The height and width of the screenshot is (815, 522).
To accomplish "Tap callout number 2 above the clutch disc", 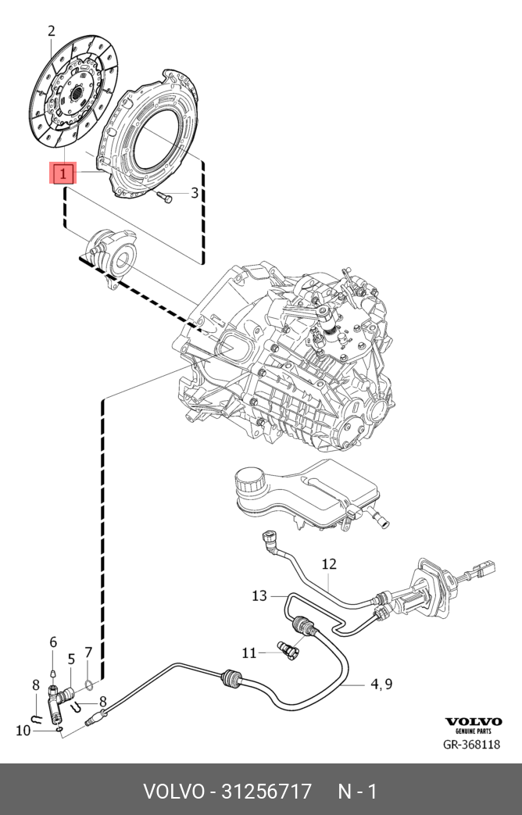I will (x=52, y=32).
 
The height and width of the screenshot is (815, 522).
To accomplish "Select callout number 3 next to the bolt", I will (x=195, y=194).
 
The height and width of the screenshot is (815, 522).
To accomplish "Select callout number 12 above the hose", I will (x=328, y=563).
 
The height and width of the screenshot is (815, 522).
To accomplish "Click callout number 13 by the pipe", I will (x=259, y=596).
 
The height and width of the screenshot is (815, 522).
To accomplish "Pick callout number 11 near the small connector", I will (x=248, y=653).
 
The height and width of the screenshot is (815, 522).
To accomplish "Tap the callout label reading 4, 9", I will (x=381, y=685).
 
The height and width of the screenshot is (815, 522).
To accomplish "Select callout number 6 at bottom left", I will (x=53, y=642).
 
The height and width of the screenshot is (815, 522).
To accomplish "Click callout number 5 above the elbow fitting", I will (x=71, y=659).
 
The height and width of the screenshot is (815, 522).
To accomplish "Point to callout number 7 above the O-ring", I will (x=88, y=652).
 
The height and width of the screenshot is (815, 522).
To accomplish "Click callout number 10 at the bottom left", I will (x=23, y=730).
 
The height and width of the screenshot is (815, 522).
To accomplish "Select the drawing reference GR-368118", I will (x=471, y=745).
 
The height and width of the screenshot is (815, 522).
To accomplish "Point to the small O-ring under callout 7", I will (x=90, y=687).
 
